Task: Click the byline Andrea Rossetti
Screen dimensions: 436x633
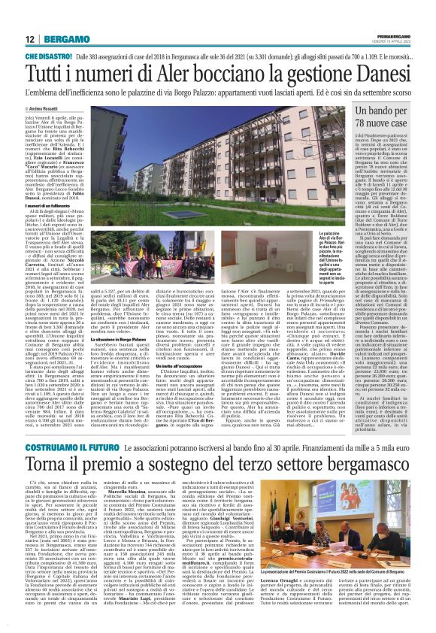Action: pyautogui.click(x=46, y=108)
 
